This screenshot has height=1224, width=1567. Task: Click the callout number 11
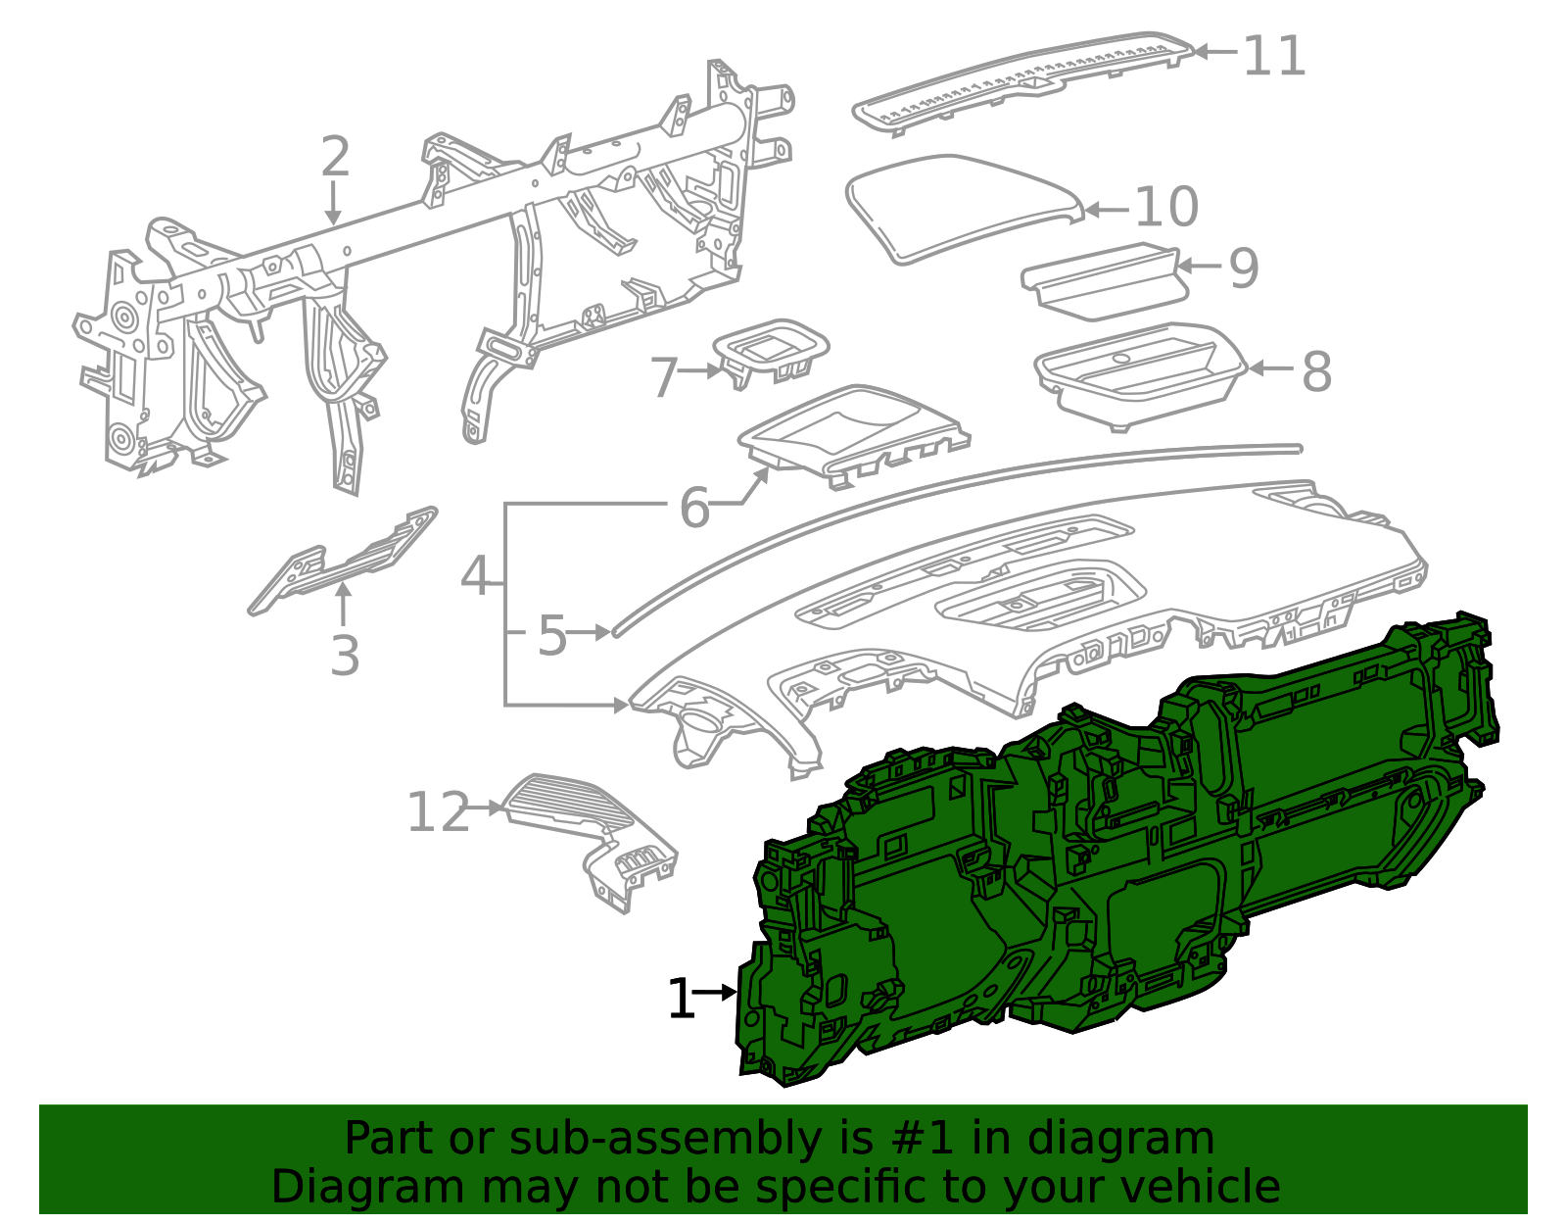(x=1274, y=56)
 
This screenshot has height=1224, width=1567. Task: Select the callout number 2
(x=335, y=157)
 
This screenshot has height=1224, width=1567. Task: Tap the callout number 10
(x=1166, y=207)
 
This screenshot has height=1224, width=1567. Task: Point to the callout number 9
(x=1243, y=268)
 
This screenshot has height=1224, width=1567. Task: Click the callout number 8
(x=1316, y=372)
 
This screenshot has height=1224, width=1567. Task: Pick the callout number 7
(x=664, y=378)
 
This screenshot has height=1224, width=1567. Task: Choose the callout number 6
(x=694, y=508)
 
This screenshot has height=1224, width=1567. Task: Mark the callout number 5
(x=551, y=636)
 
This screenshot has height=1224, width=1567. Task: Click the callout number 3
(x=344, y=656)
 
